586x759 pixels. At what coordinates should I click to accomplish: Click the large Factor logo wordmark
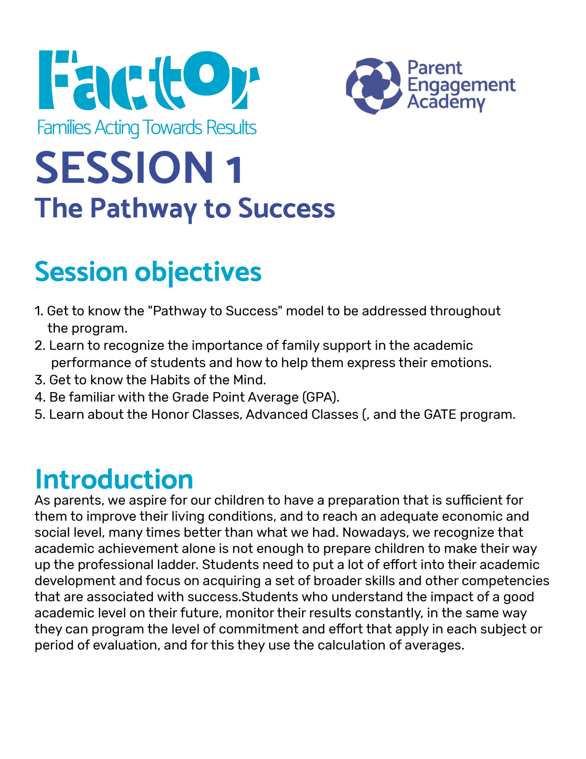click(x=149, y=80)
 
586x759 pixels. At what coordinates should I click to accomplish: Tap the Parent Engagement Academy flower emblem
click(x=374, y=86)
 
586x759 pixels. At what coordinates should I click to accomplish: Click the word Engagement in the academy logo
click(x=461, y=85)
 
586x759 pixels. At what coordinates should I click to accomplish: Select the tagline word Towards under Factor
click(x=172, y=127)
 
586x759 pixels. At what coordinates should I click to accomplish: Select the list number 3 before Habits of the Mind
click(x=38, y=380)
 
